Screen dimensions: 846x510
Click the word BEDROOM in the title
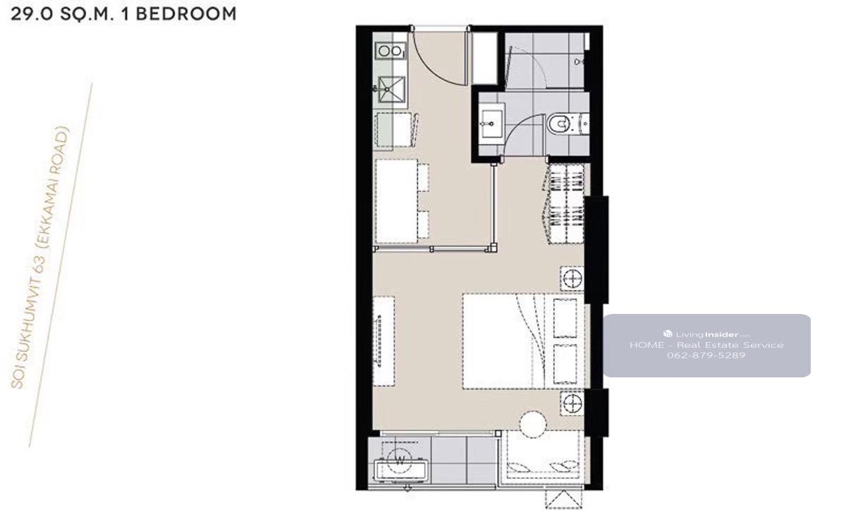tap(186, 14)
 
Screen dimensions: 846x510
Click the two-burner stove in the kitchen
tap(391, 51)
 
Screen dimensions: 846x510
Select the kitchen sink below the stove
tap(392, 90)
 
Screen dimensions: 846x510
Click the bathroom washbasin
tap(491, 123)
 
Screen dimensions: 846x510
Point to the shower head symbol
tap(578, 61)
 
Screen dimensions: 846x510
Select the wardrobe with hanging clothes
tap(564, 204)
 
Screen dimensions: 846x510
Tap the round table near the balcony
tap(532, 425)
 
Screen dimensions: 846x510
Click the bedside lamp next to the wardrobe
tap(572, 279)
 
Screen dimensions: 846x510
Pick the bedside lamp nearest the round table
tap(572, 403)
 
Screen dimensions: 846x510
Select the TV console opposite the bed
tap(384, 341)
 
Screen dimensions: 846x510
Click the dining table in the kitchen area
tap(396, 201)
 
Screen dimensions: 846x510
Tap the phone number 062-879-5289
tap(706, 356)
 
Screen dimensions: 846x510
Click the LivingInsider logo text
tap(706, 334)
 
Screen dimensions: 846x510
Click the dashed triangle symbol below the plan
tap(563, 499)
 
